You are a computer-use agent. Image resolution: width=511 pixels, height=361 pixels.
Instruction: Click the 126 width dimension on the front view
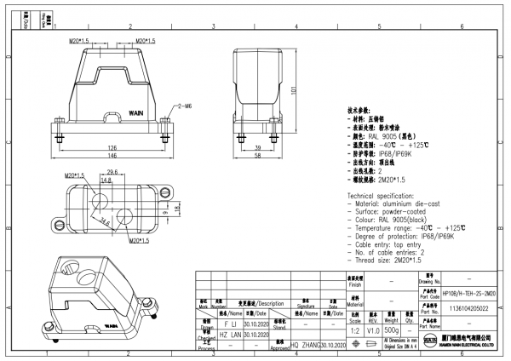point(112,147)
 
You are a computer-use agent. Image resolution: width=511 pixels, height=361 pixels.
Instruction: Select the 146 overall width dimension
point(112,157)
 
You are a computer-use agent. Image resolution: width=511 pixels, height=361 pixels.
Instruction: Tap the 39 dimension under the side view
point(258,147)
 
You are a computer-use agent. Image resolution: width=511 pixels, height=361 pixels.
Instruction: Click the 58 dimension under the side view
point(258,157)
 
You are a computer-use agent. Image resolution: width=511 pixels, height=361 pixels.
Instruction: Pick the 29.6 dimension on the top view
point(112,173)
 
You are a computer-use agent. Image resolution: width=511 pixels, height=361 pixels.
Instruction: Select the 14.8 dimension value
point(106,180)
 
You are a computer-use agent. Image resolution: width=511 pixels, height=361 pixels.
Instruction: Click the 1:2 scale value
point(353,328)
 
